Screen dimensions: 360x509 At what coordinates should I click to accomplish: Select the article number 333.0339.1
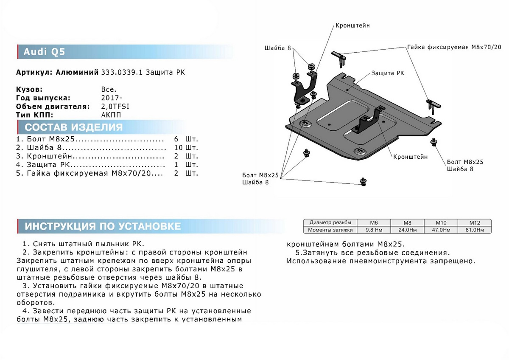123,73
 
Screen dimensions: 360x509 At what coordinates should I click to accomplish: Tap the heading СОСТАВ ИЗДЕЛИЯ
74,127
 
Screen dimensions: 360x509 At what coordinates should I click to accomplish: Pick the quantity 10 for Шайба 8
178,148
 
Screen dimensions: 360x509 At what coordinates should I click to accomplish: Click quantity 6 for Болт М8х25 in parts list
176,139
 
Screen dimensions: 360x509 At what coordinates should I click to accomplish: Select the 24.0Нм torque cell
407,230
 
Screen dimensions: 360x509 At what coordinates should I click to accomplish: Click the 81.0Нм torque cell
475,230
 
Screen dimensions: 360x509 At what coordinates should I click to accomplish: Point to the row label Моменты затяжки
331,230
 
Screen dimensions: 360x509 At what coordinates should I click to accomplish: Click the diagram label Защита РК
388,73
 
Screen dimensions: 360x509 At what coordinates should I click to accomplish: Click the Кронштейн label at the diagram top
352,25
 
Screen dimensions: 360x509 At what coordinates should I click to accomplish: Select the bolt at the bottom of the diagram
363,182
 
